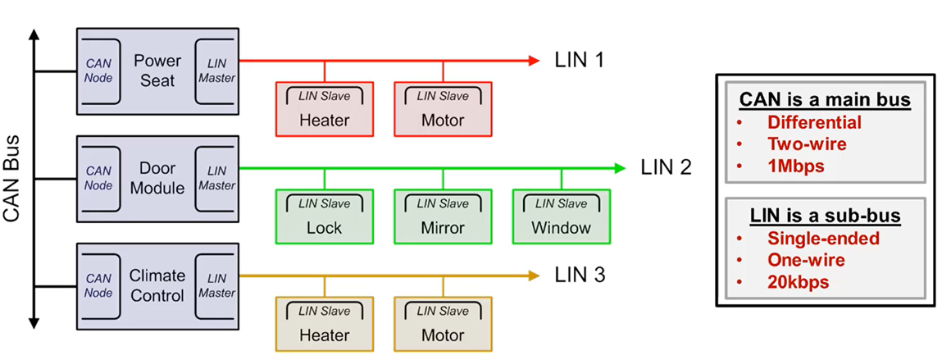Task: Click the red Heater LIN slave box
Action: click(x=324, y=109)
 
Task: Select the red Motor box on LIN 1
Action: click(x=443, y=109)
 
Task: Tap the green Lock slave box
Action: click(x=324, y=216)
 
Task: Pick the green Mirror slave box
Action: click(x=443, y=216)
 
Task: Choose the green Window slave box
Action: click(x=561, y=216)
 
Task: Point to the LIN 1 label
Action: click(x=580, y=60)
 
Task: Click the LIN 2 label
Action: click(x=666, y=168)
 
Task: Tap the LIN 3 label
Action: click(x=580, y=276)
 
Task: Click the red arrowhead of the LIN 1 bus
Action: click(x=534, y=60)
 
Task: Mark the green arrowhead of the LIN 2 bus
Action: click(x=620, y=168)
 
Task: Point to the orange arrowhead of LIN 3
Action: click(x=534, y=276)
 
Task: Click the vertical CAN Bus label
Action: click(x=12, y=179)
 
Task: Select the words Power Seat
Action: click(x=157, y=71)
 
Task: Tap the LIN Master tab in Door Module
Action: click(x=216, y=178)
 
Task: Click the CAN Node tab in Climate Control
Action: click(x=98, y=285)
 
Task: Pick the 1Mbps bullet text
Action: click(x=796, y=165)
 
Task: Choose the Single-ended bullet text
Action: click(x=823, y=239)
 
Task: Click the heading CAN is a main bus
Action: click(x=825, y=100)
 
